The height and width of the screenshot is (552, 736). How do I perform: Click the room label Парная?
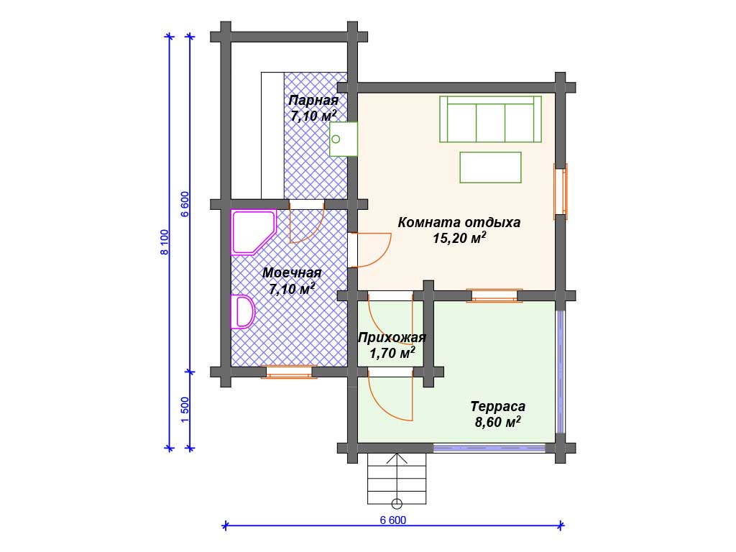coord(313,101)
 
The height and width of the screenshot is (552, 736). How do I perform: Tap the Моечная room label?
coord(292,272)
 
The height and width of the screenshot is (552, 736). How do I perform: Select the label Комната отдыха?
coord(459,222)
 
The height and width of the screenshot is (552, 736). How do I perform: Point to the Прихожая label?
coord(392,338)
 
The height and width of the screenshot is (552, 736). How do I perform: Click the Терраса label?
coord(497,406)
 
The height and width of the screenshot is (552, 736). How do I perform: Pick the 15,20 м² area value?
coord(459,237)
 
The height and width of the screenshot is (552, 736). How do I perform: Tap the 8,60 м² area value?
coord(497,421)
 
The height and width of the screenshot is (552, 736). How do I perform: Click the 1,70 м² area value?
coord(392,352)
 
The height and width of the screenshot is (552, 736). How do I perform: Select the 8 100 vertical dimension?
coord(165,242)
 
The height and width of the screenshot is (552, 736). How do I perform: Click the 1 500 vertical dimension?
coord(185,410)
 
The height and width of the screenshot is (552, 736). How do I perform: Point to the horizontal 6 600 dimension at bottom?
coord(393,520)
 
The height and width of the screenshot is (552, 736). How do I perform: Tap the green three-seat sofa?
coord(490,119)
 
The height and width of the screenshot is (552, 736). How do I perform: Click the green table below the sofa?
coord(490,167)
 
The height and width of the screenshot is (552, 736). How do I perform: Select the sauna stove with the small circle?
coord(344,139)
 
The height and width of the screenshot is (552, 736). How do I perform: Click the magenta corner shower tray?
coord(252,232)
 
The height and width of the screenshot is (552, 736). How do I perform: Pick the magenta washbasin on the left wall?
coord(242,312)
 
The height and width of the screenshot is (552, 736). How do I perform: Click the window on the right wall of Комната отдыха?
coord(561,191)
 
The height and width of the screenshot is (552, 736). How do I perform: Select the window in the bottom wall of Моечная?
coord(289,372)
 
